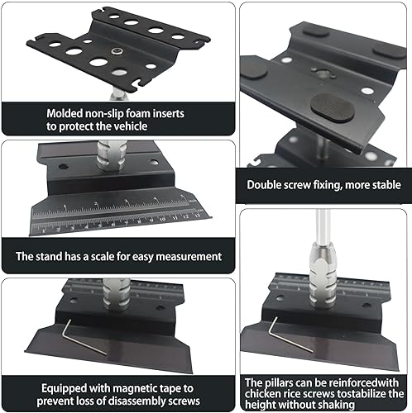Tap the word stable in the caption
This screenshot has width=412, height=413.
point(381,185)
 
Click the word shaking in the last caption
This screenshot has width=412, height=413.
point(362,406)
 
